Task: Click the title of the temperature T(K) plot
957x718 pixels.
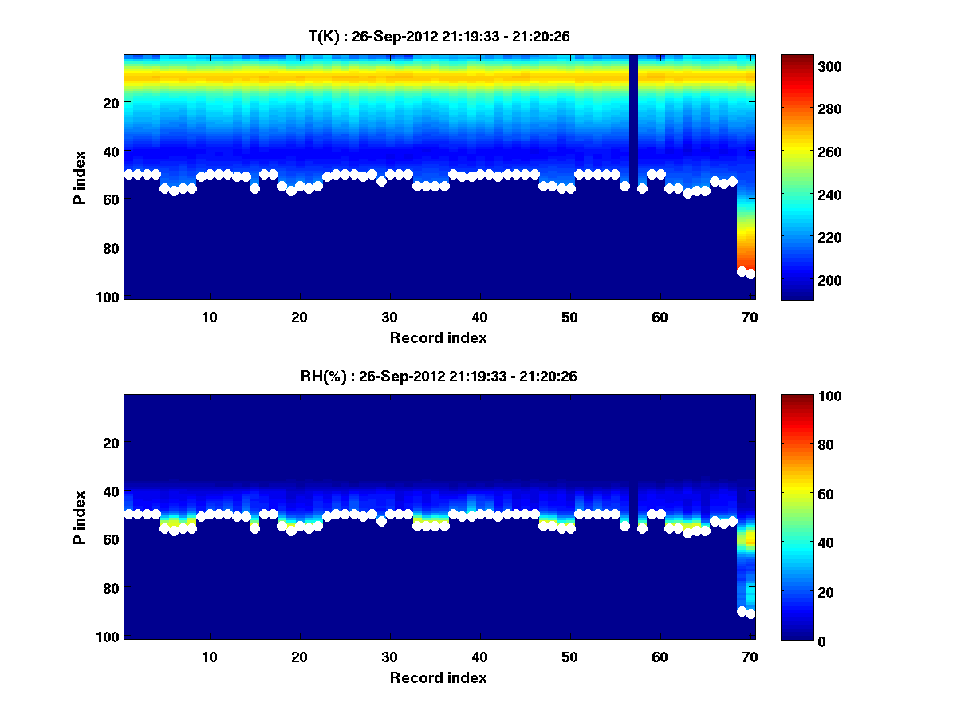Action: (x=439, y=36)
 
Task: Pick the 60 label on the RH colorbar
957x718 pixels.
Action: (x=797, y=495)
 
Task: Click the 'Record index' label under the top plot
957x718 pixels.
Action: (x=439, y=337)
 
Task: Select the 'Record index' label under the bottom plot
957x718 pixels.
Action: (x=439, y=677)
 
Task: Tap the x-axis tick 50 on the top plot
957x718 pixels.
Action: (x=569, y=317)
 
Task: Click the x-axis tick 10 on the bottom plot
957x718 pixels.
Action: (x=209, y=657)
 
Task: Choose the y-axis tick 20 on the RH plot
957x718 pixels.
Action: (x=111, y=443)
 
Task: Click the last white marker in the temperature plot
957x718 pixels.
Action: (x=750, y=274)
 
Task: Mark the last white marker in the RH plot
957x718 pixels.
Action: (x=750, y=613)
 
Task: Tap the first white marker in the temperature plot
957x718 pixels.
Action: (x=128, y=174)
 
